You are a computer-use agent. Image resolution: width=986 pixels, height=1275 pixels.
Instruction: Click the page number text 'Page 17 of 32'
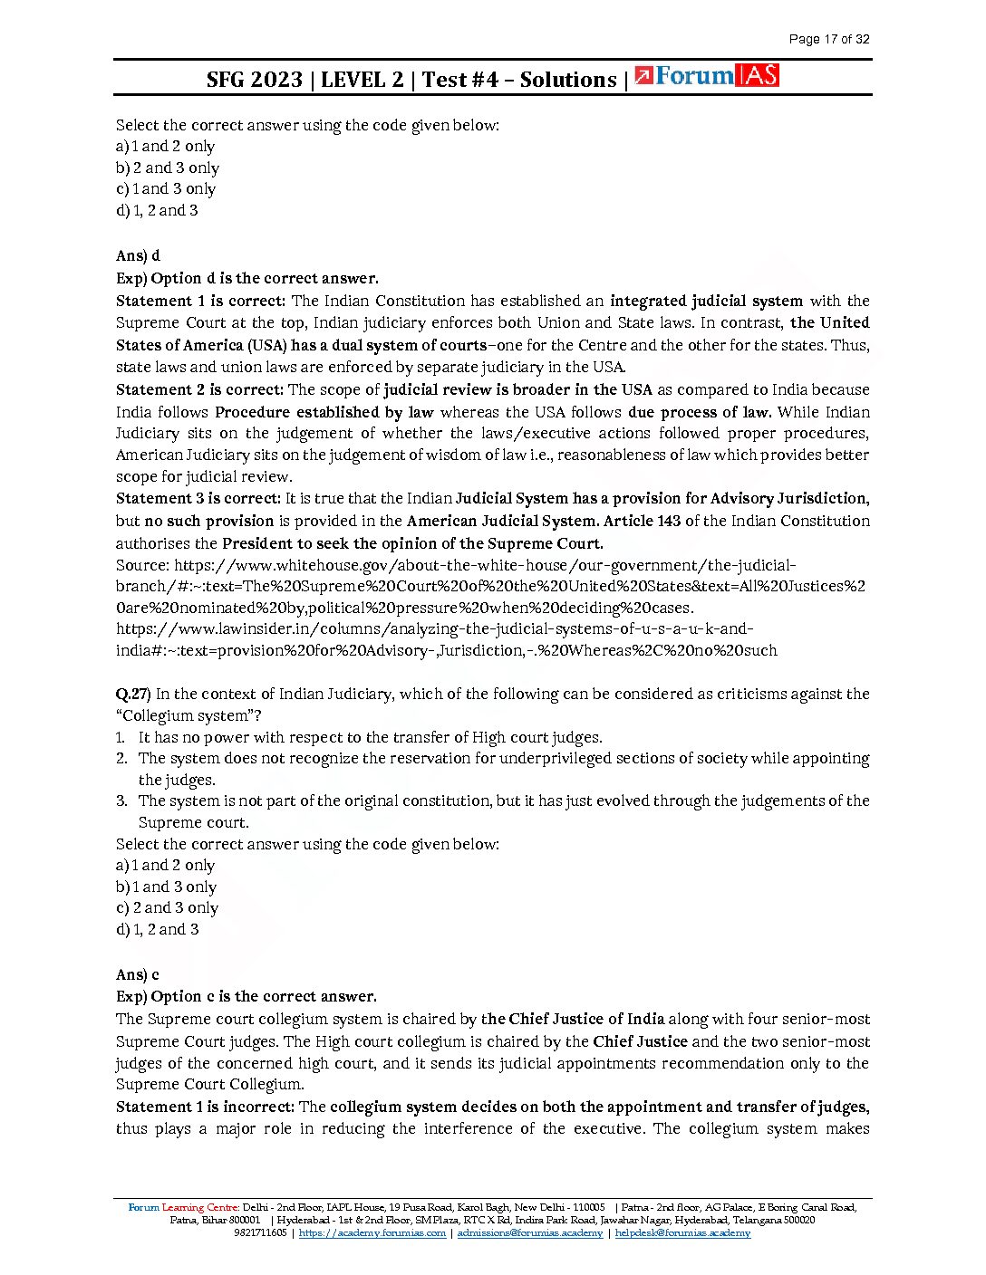pyautogui.click(x=828, y=39)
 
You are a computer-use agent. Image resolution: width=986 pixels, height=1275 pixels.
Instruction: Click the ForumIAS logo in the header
pyautogui.click(x=707, y=76)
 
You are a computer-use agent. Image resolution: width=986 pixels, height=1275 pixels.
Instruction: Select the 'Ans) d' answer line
pyautogui.click(x=138, y=255)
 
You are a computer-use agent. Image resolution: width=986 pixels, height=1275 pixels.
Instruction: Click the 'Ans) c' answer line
pyautogui.click(x=138, y=974)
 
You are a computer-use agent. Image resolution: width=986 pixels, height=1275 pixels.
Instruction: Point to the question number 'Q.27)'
pyautogui.click(x=133, y=694)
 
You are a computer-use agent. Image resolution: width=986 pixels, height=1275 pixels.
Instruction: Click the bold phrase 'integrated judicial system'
pyautogui.click(x=706, y=301)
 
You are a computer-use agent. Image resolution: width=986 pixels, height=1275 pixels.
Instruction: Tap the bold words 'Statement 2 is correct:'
pyautogui.click(x=199, y=389)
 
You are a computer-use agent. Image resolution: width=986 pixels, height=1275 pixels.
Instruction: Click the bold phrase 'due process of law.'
pyautogui.click(x=699, y=411)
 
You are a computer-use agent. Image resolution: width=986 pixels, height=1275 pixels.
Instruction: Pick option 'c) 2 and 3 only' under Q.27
pyautogui.click(x=168, y=907)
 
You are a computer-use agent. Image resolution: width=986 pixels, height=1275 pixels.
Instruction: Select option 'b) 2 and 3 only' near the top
pyautogui.click(x=168, y=168)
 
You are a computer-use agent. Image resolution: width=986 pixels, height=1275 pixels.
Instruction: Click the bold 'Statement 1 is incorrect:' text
pyautogui.click(x=205, y=1107)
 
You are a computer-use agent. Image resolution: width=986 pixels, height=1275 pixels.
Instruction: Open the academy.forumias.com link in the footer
pyautogui.click(x=372, y=1232)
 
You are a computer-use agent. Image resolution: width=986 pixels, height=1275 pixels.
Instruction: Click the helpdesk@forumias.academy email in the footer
pyautogui.click(x=682, y=1232)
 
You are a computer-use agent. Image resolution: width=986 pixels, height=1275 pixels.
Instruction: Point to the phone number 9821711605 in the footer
pyautogui.click(x=260, y=1232)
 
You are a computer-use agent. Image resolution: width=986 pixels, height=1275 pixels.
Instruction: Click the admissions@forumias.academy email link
pyautogui.click(x=529, y=1232)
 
